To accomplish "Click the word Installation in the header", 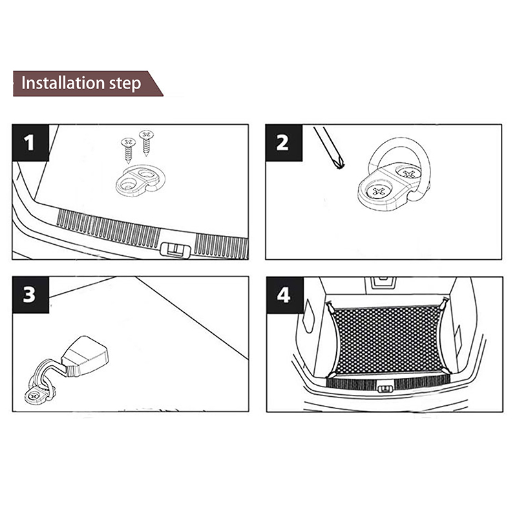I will pyautogui.click(x=63, y=84).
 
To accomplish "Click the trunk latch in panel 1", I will pyautogui.click(x=173, y=248).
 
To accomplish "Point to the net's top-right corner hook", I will pyautogui.click(x=445, y=303).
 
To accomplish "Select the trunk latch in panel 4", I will pyautogui.click(x=385, y=388).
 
